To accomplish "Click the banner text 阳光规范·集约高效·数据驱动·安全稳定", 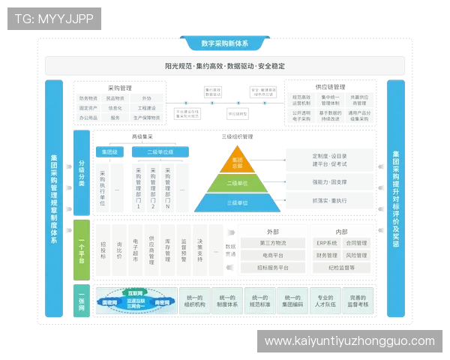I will click(224, 66).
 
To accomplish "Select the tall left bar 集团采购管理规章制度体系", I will click(53, 198).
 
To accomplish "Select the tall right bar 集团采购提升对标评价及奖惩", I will click(395, 198).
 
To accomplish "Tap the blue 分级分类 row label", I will click(82, 172).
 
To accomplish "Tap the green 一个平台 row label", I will click(82, 248).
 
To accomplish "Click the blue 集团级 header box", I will click(110, 151).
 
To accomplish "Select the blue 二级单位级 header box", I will click(160, 151).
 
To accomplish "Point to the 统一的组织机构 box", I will click(194, 301).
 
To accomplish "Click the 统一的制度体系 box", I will click(226, 301).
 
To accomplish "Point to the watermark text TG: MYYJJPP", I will click(54, 18).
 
